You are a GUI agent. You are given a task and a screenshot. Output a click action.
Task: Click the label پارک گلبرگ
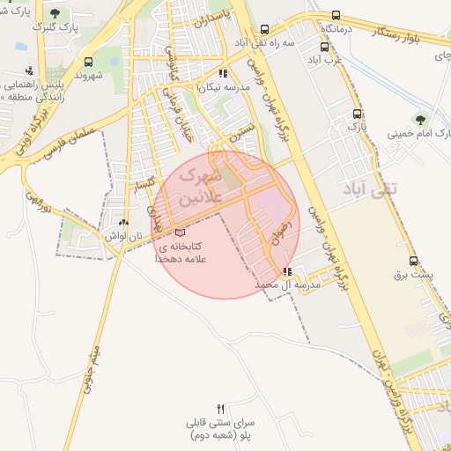tap(55, 28)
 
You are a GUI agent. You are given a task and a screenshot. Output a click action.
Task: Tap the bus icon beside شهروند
tap(87, 63)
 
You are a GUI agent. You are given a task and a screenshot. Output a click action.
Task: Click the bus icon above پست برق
tap(413, 262)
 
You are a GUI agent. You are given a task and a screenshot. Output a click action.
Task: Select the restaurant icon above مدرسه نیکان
tap(223, 74)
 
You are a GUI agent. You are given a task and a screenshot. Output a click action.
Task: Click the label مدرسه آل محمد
tap(287, 285)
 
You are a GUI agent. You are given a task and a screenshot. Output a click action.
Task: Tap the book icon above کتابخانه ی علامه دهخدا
tap(180, 231)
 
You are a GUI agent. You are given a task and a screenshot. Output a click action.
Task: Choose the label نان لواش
tap(123, 236)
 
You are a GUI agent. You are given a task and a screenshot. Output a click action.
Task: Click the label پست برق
tap(413, 276)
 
